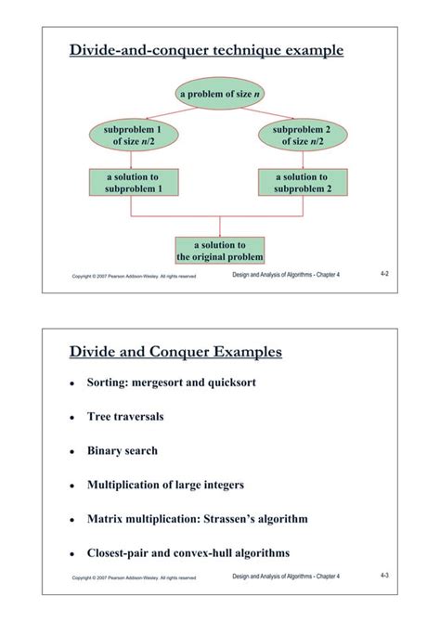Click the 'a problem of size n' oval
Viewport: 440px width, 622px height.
(219, 94)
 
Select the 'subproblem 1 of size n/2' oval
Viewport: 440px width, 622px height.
(132, 136)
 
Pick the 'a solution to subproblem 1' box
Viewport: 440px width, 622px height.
(132, 182)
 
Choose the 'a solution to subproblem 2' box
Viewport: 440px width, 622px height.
(301, 182)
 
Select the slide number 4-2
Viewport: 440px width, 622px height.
(384, 275)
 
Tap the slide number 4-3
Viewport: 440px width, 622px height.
(384, 577)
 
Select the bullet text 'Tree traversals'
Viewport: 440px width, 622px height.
(125, 417)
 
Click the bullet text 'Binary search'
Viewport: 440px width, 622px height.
(123, 451)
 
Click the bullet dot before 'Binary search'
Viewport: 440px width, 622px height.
(72, 452)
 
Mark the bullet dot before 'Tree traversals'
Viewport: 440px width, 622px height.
(72, 418)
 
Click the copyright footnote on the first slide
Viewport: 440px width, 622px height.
(133, 277)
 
